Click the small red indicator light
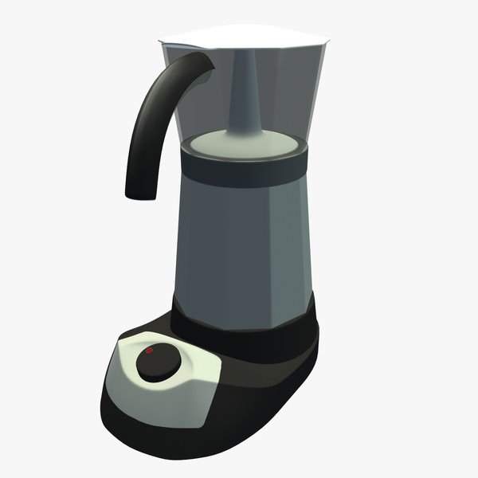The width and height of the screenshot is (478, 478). pos(148,351)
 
